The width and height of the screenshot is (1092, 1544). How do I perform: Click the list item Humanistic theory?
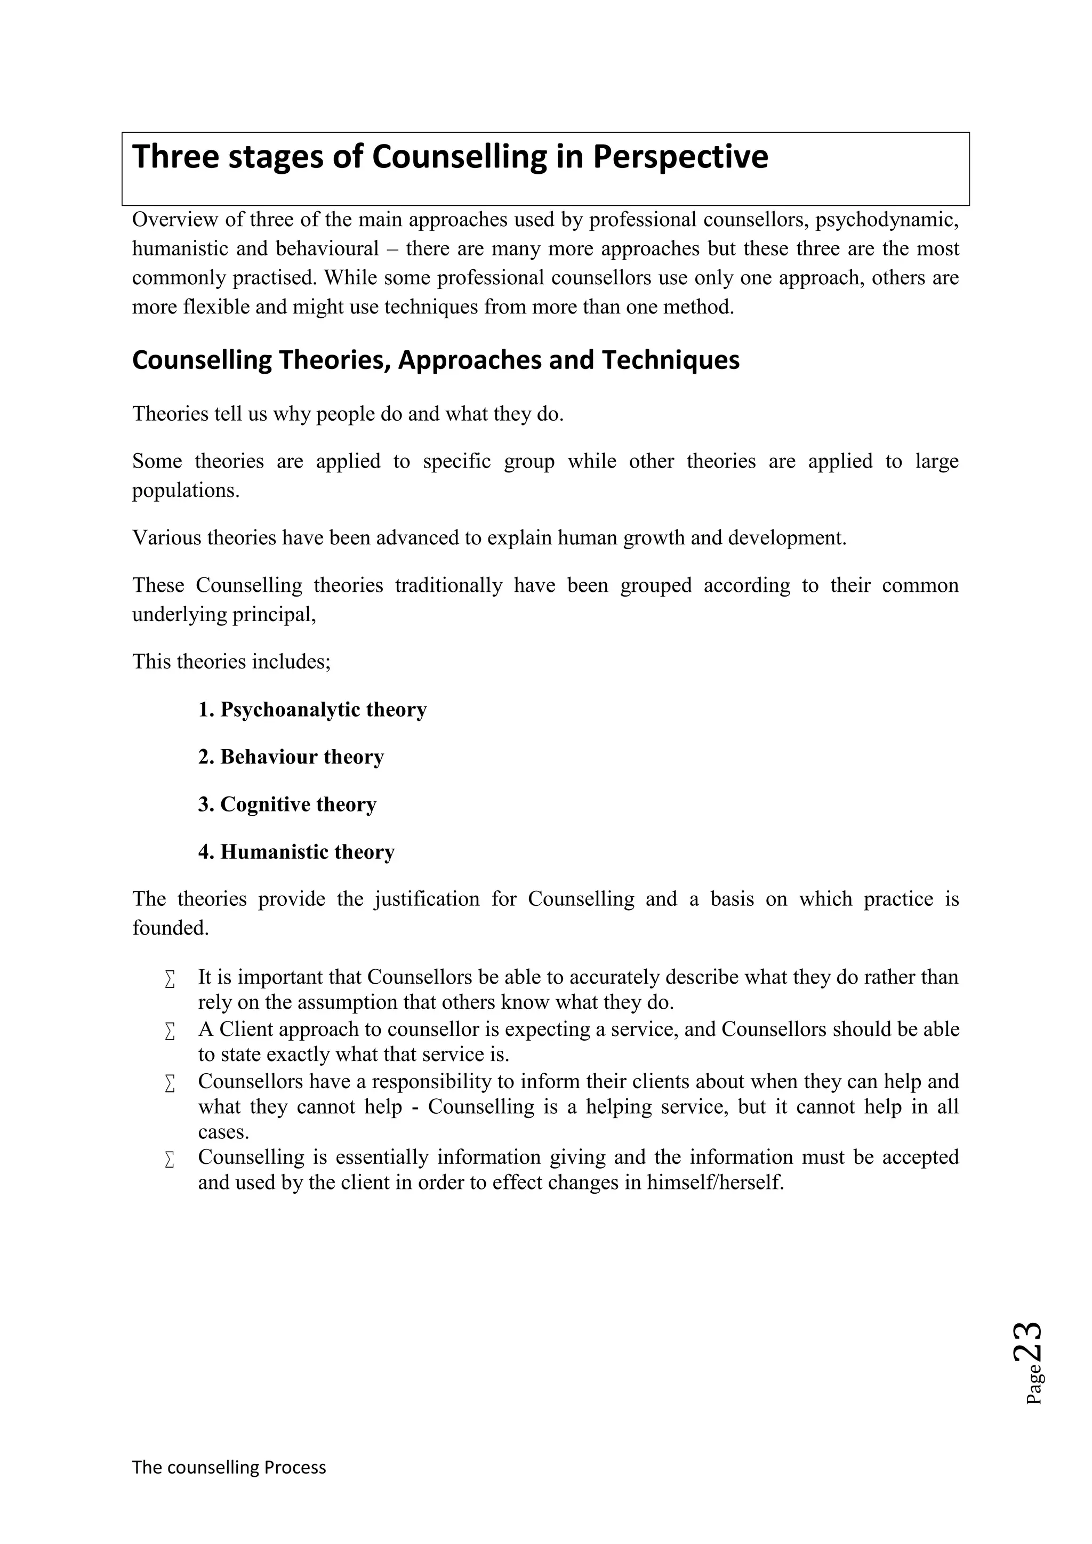[296, 853]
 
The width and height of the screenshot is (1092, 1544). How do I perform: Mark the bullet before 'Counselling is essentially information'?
[170, 1160]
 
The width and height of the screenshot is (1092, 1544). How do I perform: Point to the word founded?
[170, 929]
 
